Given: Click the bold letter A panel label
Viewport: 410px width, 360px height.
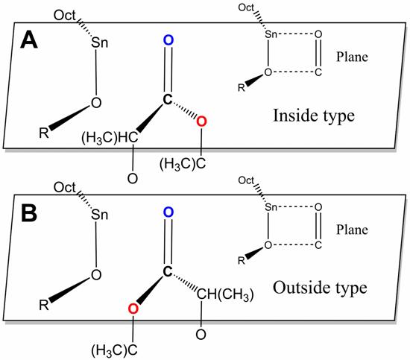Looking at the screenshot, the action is click(29, 40).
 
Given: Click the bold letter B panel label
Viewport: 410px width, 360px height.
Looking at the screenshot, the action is click(29, 213).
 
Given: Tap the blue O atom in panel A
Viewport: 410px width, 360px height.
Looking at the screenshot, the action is click(168, 40).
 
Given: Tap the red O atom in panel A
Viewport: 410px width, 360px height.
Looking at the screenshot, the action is click(201, 121).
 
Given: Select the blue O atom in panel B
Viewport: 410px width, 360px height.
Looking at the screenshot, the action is click(168, 212).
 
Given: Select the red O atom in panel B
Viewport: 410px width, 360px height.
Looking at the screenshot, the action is click(133, 309).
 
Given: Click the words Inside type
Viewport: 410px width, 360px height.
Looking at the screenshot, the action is click(314, 116).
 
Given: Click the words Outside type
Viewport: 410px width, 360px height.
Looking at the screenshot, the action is click(320, 288).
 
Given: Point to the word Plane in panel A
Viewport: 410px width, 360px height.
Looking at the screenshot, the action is click(352, 57).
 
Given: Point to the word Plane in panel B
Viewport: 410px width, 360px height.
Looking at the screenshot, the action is click(352, 230).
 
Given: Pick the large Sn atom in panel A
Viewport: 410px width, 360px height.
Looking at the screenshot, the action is click(100, 42).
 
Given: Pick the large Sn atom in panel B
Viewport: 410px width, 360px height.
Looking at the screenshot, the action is click(100, 215).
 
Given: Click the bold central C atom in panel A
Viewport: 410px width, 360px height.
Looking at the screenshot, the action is click(168, 99).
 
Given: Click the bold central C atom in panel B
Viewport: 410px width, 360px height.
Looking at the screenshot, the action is click(168, 272).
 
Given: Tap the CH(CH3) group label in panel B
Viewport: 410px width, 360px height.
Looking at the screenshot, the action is click(225, 294).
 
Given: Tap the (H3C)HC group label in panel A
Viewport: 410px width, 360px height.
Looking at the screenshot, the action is click(110, 138).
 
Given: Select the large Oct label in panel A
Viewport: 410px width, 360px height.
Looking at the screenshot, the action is click(65, 16).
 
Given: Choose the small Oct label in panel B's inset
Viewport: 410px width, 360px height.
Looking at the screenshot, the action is click(246, 180).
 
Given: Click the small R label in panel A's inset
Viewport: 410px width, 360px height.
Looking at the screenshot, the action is click(241, 88).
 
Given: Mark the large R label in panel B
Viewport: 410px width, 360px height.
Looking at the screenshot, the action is click(44, 305).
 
